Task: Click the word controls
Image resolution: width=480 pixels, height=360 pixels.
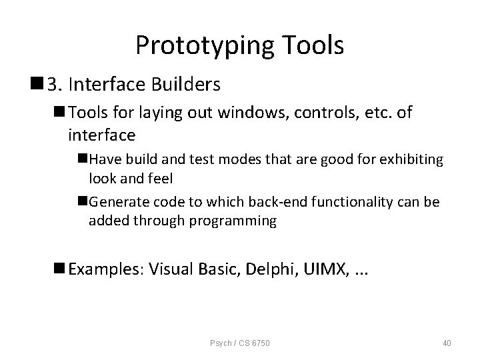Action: (321, 113)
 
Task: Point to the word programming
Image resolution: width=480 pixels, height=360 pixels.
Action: (234, 221)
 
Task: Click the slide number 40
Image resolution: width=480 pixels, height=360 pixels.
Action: (447, 343)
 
